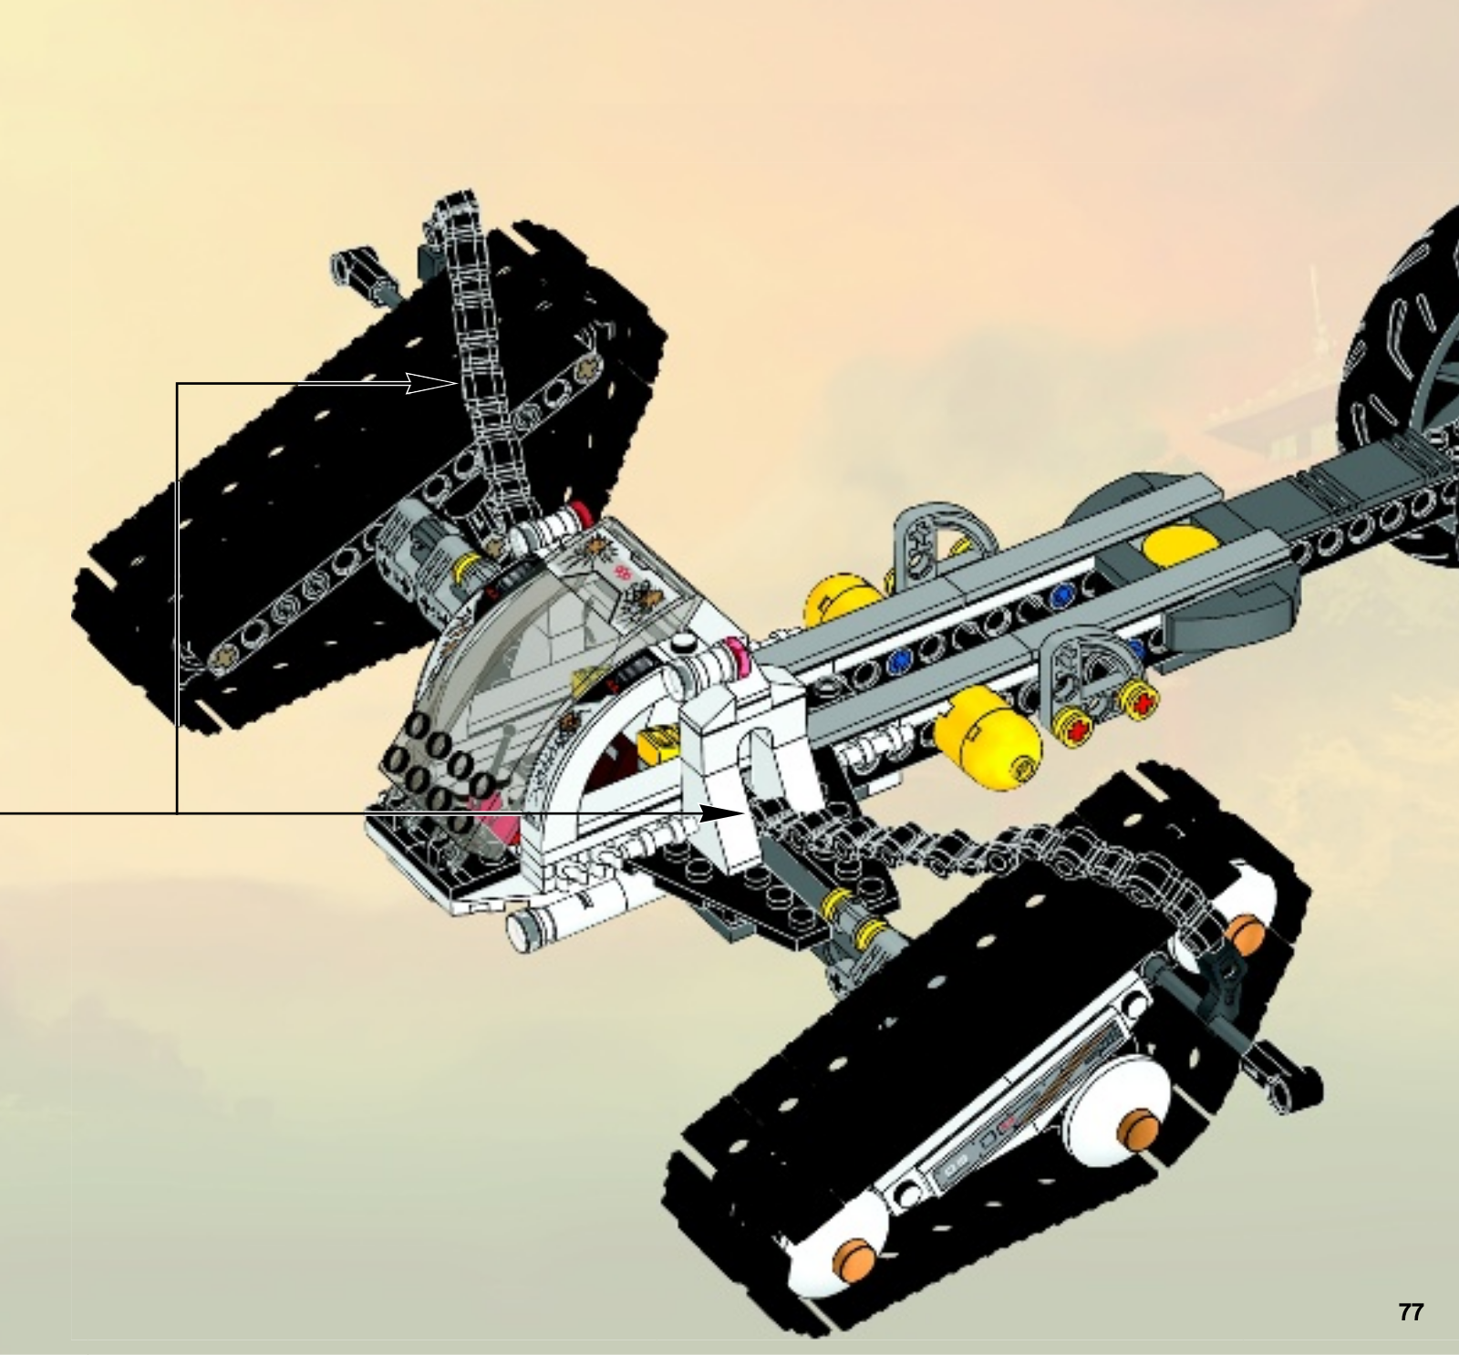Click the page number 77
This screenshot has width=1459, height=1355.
coord(1410,1312)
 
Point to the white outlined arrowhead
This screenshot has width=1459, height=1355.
coord(429,383)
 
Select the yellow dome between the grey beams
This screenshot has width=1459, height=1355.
coord(1181,547)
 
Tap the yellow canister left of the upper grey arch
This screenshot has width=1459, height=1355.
coord(843,600)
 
